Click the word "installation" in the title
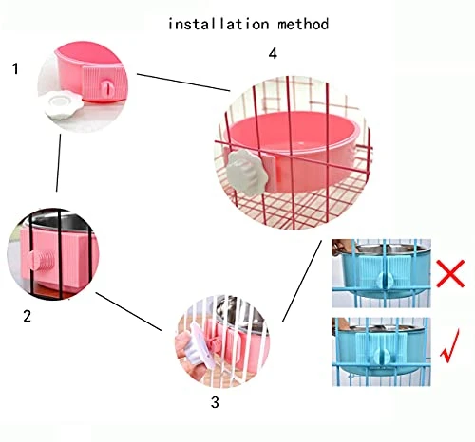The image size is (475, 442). [x=218, y=24]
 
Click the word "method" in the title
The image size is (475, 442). [x=303, y=24]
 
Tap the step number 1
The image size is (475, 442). [x=15, y=68]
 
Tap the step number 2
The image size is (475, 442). [x=28, y=316]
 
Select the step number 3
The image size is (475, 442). [x=215, y=402]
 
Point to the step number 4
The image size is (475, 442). [x=273, y=54]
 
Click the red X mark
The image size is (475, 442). [x=450, y=273]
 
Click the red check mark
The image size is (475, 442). [x=449, y=346]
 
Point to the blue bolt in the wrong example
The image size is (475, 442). [x=385, y=279]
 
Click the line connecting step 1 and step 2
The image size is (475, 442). [x=59, y=163]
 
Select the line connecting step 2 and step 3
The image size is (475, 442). [x=128, y=312]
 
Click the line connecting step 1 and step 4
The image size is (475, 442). [x=183, y=83]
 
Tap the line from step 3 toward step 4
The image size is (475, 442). [x=302, y=281]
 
